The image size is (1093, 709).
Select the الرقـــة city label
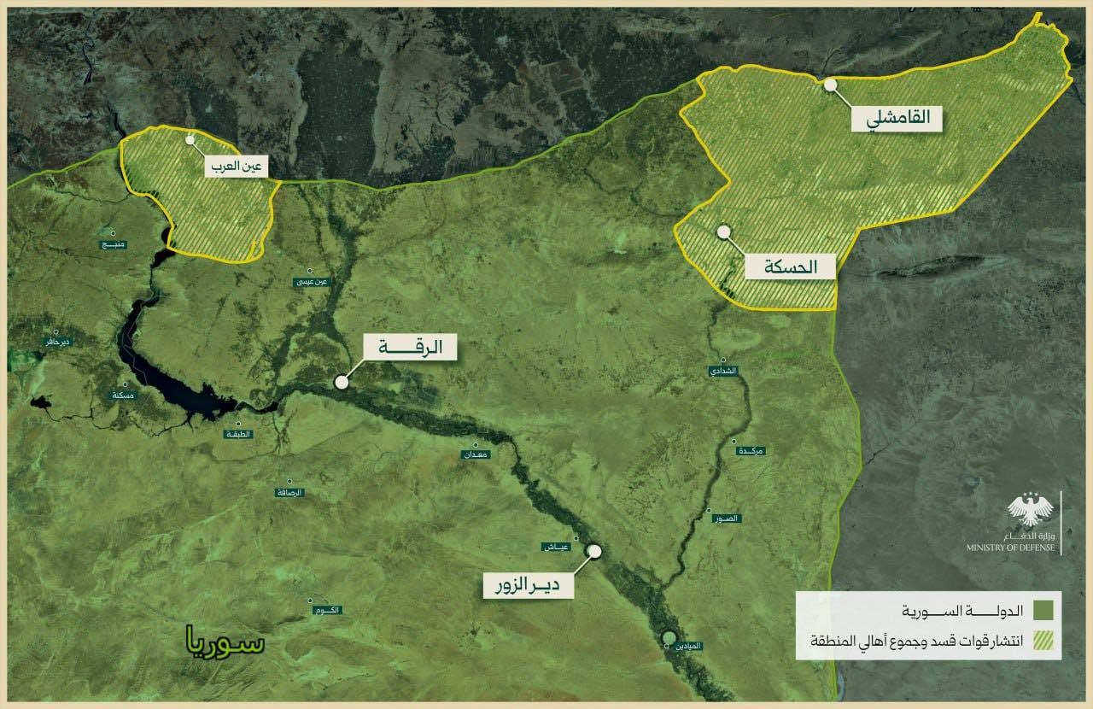coord(410,348)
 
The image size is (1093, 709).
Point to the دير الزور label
coord(529,585)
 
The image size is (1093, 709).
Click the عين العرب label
coord(236,167)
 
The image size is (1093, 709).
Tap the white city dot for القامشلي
coord(830,85)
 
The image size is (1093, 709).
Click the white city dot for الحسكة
coord(724,231)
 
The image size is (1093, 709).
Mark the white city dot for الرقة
coord(342,382)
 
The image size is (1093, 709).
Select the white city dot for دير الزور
coord(594,552)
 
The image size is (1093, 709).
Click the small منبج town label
coord(113,244)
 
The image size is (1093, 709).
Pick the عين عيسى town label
coord(311,281)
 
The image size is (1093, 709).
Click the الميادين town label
coord(689,647)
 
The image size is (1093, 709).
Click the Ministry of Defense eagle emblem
coord(1031,511)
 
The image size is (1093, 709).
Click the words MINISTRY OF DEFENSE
coord(1011,548)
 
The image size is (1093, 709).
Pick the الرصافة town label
coord(289,493)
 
